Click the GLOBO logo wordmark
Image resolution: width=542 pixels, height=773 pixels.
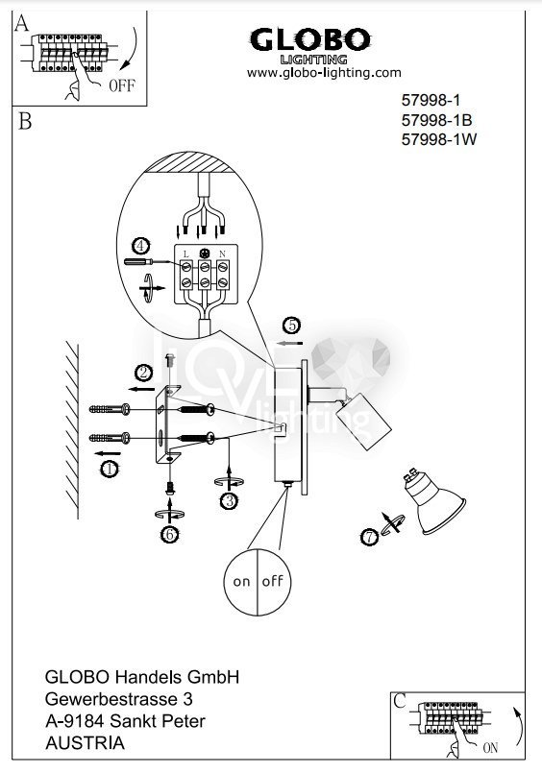(310, 40)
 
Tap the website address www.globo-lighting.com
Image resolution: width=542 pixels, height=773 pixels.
(324, 73)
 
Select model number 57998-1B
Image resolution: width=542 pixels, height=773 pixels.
(436, 120)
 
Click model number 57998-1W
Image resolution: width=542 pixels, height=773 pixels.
(439, 139)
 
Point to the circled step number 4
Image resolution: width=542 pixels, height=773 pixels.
(140, 246)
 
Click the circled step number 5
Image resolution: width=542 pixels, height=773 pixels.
(292, 326)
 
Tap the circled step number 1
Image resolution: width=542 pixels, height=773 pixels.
(110, 469)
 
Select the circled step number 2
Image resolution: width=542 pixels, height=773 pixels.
(143, 373)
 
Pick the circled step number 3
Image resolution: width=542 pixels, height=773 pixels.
(230, 501)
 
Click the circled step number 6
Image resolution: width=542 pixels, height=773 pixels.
(170, 535)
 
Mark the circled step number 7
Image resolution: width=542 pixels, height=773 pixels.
(370, 537)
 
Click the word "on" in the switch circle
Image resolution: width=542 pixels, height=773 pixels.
(241, 582)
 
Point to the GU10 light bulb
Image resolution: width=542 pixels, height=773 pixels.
(435, 503)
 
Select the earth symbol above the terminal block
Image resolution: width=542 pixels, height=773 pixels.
(204, 254)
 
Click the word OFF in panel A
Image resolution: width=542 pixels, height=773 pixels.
(122, 85)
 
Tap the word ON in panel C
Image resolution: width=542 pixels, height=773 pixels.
(490, 748)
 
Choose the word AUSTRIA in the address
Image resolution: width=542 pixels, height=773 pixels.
(85, 743)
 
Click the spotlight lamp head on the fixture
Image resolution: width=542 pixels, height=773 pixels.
(363, 421)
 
